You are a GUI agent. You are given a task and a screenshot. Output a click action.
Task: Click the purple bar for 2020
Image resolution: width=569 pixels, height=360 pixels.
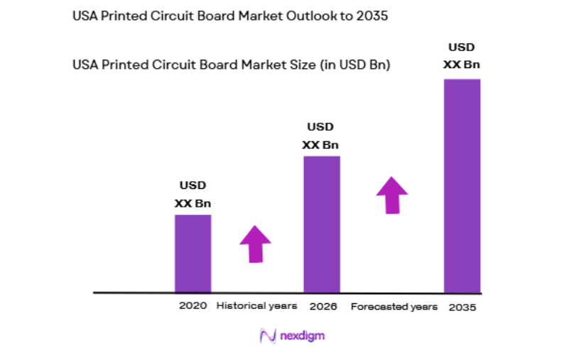pos(193,253)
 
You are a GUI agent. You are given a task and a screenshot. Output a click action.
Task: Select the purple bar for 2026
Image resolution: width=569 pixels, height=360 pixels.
pos(321,224)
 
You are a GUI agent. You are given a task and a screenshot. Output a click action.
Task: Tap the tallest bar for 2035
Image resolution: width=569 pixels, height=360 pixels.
pos(462,185)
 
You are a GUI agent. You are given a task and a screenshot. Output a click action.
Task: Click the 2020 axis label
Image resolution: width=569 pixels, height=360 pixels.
pos(193,306)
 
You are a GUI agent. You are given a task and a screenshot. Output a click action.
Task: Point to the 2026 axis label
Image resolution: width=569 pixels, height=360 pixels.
pos(323,307)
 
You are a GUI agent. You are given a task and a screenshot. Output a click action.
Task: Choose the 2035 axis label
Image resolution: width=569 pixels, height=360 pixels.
pos(462,307)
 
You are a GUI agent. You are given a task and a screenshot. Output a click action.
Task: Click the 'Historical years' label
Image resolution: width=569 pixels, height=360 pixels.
pos(256,306)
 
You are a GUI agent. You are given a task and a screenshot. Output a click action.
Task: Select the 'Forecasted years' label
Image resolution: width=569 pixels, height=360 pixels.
pos(389,307)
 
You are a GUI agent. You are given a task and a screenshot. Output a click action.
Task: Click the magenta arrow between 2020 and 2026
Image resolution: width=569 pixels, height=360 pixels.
pos(255,244)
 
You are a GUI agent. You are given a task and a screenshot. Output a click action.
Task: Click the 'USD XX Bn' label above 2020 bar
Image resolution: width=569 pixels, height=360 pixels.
pos(193,195)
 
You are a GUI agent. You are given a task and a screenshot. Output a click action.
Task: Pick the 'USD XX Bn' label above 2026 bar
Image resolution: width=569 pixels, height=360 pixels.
pos(320,136)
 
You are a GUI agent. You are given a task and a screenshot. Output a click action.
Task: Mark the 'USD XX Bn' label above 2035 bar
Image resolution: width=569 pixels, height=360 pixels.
pos(462,56)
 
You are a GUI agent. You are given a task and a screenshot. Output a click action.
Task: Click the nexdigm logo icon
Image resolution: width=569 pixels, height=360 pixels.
pos(268,335)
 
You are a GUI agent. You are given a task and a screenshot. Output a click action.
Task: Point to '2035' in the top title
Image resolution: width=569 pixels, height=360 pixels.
pos(372,16)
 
